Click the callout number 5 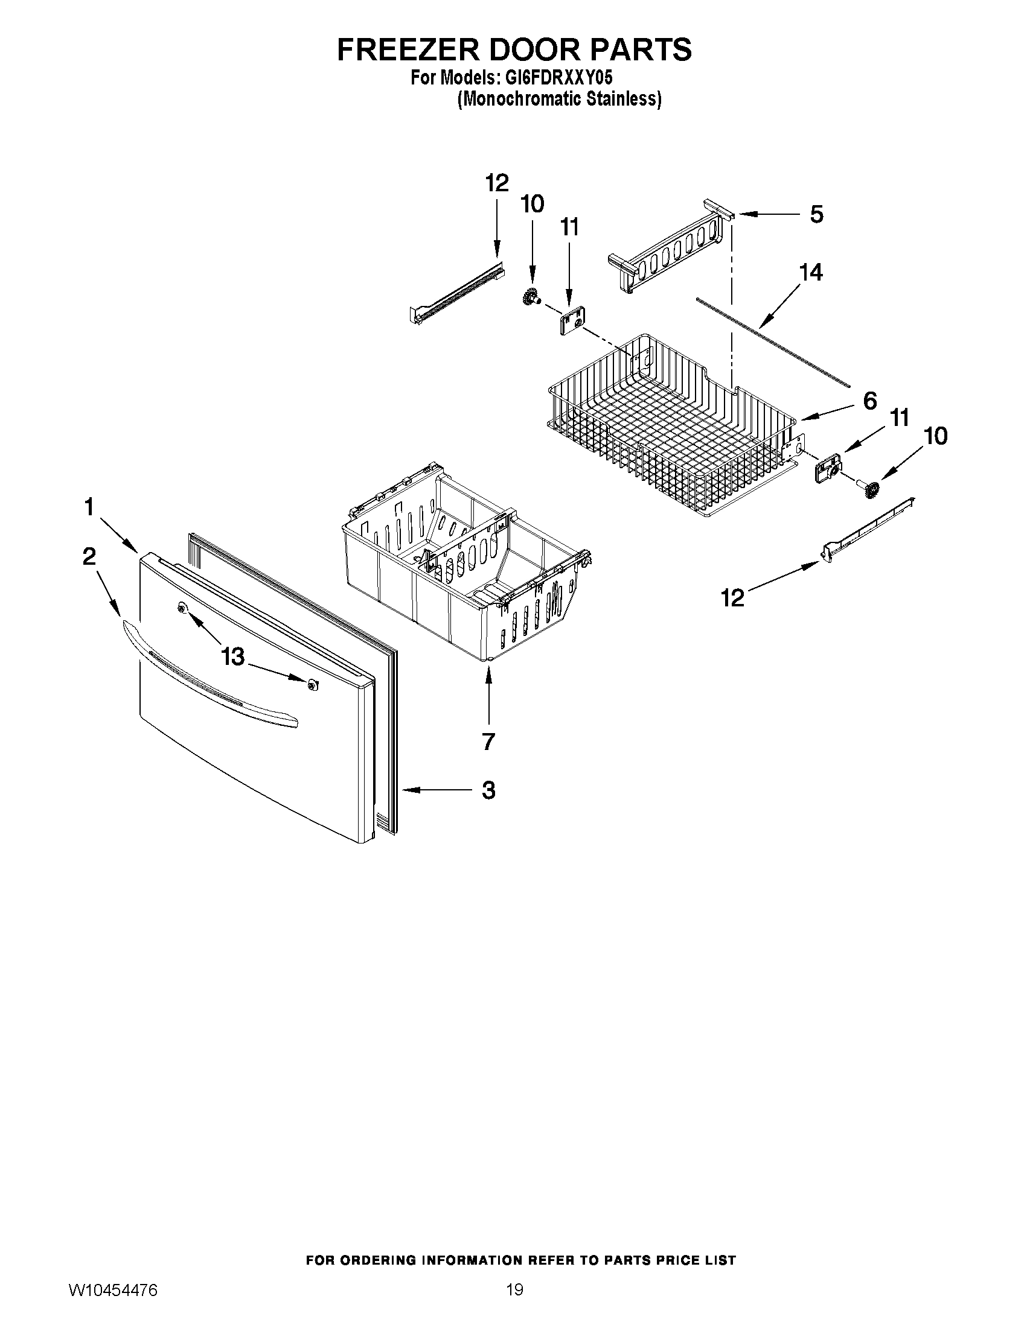pos(816,214)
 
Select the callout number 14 pos(811,272)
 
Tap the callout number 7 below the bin pos(488,741)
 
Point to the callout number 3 pos(488,790)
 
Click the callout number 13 pos(232,656)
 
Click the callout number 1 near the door pos(89,506)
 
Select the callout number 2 pos(89,556)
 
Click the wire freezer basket pos(669,425)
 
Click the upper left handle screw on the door pos(181,608)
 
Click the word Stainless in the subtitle pos(621,99)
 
